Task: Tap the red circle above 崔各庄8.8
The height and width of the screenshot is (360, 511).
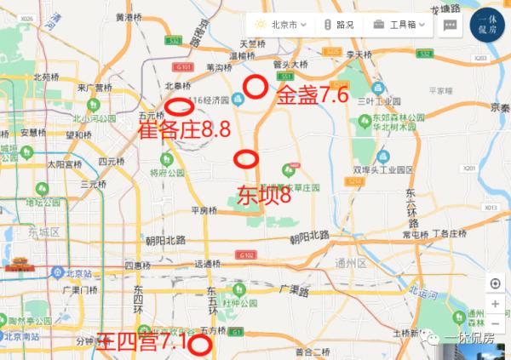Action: pos(177,107)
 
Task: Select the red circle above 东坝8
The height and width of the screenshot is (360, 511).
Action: pos(247,158)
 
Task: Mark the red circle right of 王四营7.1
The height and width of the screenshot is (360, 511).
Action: pos(200,344)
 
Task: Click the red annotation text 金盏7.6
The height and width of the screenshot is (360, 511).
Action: pos(313,95)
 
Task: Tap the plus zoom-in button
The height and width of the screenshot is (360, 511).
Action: pos(495,304)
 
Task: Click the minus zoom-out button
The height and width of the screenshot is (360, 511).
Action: pos(495,324)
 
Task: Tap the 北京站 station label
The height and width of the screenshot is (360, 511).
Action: pos(70,273)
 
